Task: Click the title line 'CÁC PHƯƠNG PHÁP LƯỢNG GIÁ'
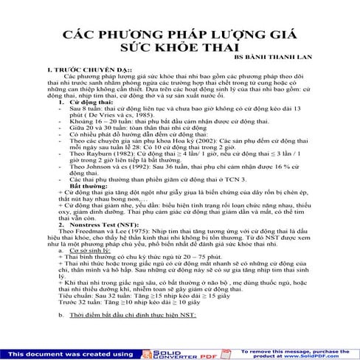(x=179, y=35)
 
